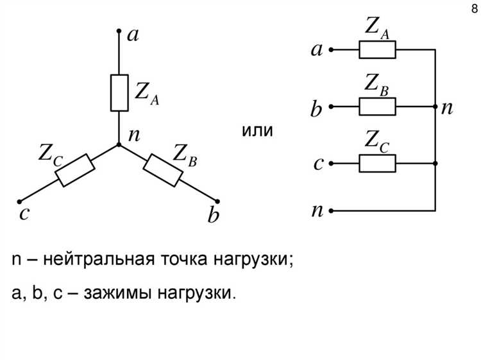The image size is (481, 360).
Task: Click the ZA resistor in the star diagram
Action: (119, 93)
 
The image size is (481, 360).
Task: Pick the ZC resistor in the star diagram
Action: (76, 170)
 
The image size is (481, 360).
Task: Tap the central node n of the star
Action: (119, 144)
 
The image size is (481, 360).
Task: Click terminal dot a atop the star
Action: (119, 30)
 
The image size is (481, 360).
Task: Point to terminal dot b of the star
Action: (219, 201)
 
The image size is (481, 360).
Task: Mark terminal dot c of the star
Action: (20, 201)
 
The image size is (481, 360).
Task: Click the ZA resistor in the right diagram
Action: (377, 49)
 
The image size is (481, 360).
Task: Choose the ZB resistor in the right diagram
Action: (377, 106)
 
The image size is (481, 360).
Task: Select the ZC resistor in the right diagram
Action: (377, 163)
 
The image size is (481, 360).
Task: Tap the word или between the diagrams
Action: (257, 132)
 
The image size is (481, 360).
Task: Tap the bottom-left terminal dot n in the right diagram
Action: (331, 210)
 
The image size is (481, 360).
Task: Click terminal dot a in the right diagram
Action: (331, 49)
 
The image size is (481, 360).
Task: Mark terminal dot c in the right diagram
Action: (331, 163)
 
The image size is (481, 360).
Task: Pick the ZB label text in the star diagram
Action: (185, 154)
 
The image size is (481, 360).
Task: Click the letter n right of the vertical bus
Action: (447, 107)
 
